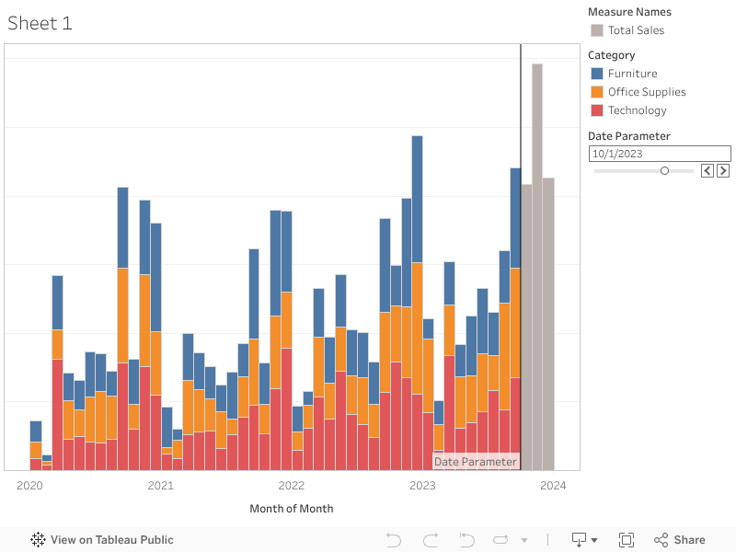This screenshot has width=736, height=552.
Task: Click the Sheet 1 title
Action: [40, 24]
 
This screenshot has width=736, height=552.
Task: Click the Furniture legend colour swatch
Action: [597, 74]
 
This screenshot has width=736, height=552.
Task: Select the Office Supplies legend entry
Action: [647, 92]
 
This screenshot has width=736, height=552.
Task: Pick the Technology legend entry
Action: [637, 110]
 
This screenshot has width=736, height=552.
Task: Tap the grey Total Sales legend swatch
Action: [597, 30]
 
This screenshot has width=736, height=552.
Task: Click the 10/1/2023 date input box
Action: [659, 154]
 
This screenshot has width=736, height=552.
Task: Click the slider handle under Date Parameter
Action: [664, 170]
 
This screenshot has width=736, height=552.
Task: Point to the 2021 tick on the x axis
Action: [161, 485]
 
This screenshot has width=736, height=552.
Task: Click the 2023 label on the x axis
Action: [422, 485]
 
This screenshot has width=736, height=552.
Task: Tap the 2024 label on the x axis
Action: [553, 485]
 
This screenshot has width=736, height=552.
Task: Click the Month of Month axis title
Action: [292, 509]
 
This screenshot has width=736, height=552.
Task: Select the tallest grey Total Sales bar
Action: [537, 267]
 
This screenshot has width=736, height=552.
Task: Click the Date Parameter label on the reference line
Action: [476, 461]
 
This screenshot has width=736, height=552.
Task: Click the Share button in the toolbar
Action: [680, 540]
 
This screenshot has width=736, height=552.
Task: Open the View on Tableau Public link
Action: [102, 540]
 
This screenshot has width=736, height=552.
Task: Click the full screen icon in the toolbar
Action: [627, 540]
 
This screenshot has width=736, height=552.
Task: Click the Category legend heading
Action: [612, 55]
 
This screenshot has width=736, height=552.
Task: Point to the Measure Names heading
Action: [629, 12]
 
